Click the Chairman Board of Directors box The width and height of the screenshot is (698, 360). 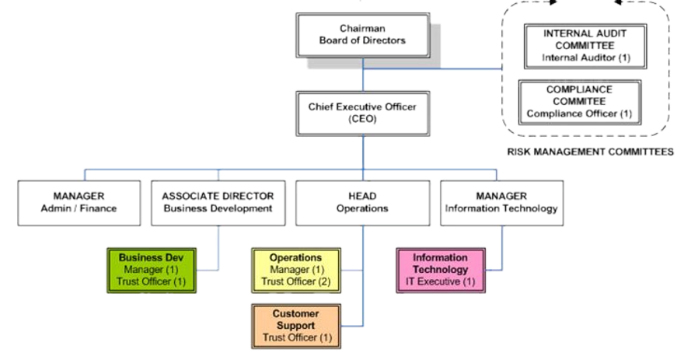(x=362, y=35)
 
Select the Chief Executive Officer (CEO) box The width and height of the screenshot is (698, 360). (x=362, y=114)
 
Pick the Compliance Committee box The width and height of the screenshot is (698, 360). (x=579, y=102)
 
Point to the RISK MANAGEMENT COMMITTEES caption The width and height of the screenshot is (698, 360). (x=590, y=152)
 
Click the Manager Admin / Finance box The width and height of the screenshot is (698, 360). (x=79, y=202)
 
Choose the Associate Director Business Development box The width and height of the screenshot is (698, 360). (x=217, y=202)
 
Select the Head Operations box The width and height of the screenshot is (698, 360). (x=362, y=202)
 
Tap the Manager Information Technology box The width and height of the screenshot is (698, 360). (x=501, y=202)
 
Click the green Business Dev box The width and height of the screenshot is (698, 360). (x=152, y=269)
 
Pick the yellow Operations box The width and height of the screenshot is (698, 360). (x=295, y=269)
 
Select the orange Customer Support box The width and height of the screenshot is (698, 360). (x=295, y=326)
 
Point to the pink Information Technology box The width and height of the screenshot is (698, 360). (x=440, y=269)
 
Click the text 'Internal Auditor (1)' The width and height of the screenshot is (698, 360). (x=586, y=58)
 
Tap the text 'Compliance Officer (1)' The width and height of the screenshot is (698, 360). (x=579, y=114)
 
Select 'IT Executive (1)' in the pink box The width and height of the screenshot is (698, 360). (x=440, y=281)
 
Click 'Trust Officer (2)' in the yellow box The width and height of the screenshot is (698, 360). (x=295, y=281)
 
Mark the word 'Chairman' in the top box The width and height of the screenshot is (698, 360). (x=362, y=29)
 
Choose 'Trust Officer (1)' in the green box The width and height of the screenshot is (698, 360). (x=152, y=281)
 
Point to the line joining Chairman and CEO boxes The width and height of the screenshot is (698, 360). (x=362, y=74)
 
